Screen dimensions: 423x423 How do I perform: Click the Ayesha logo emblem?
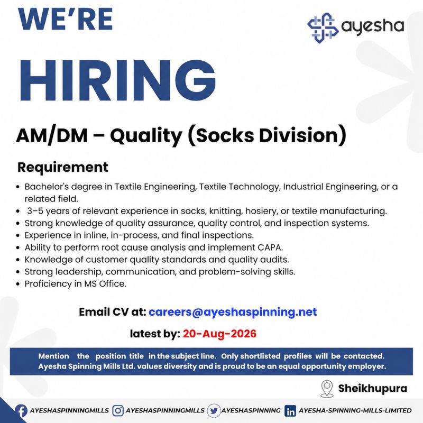323,28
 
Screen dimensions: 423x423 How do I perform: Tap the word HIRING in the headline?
118,80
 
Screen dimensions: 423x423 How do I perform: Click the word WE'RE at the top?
66,19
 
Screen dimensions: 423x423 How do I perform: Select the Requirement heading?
62,167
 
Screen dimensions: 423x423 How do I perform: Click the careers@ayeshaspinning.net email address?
233,312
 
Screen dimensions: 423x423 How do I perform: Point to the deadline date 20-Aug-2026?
219,334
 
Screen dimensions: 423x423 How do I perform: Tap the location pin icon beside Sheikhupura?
327,389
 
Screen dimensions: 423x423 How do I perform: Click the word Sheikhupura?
373,389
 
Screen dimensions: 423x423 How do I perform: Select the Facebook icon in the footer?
21,411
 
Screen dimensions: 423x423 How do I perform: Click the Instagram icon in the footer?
118,411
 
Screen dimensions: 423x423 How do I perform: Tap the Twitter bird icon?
214,411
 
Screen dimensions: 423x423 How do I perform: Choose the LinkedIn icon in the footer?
290,411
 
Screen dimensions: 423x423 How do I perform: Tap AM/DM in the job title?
52,135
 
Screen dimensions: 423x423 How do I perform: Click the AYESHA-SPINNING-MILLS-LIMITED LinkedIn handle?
355,411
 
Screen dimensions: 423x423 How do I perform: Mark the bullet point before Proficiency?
18,284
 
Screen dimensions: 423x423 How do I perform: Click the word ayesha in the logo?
373,26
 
